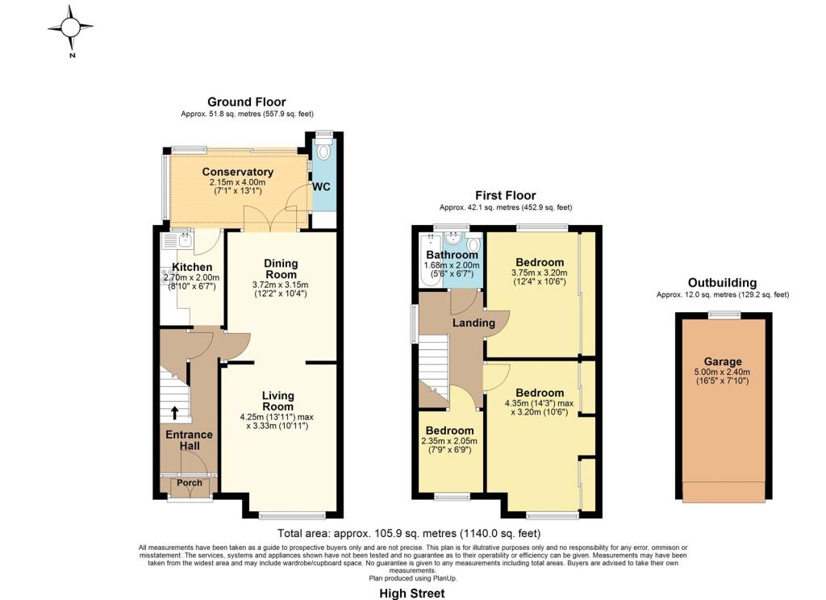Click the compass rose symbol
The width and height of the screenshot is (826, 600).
point(71,27)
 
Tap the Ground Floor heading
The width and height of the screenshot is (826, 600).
point(247,102)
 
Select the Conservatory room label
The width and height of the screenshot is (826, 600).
point(238,172)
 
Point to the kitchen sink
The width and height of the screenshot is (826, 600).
point(178,241)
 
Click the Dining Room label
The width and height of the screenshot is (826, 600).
point(281,269)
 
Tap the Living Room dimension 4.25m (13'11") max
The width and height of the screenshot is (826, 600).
point(277,417)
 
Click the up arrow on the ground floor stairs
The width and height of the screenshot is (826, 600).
point(174,412)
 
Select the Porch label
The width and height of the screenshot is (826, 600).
point(189,482)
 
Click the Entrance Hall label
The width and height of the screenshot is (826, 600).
point(189,440)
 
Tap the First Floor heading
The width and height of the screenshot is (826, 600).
point(505,195)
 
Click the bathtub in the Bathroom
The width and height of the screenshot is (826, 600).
point(431,260)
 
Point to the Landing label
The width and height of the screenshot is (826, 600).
point(473,323)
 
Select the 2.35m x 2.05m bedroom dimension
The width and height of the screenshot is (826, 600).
point(449,441)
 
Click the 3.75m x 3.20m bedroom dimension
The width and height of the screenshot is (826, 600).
point(540,273)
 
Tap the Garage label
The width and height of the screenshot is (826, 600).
point(723,361)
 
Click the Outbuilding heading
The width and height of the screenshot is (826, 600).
point(722,283)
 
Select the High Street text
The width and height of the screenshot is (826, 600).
point(412,594)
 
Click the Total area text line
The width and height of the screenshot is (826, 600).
point(409,533)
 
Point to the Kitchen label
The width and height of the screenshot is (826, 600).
point(192,267)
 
